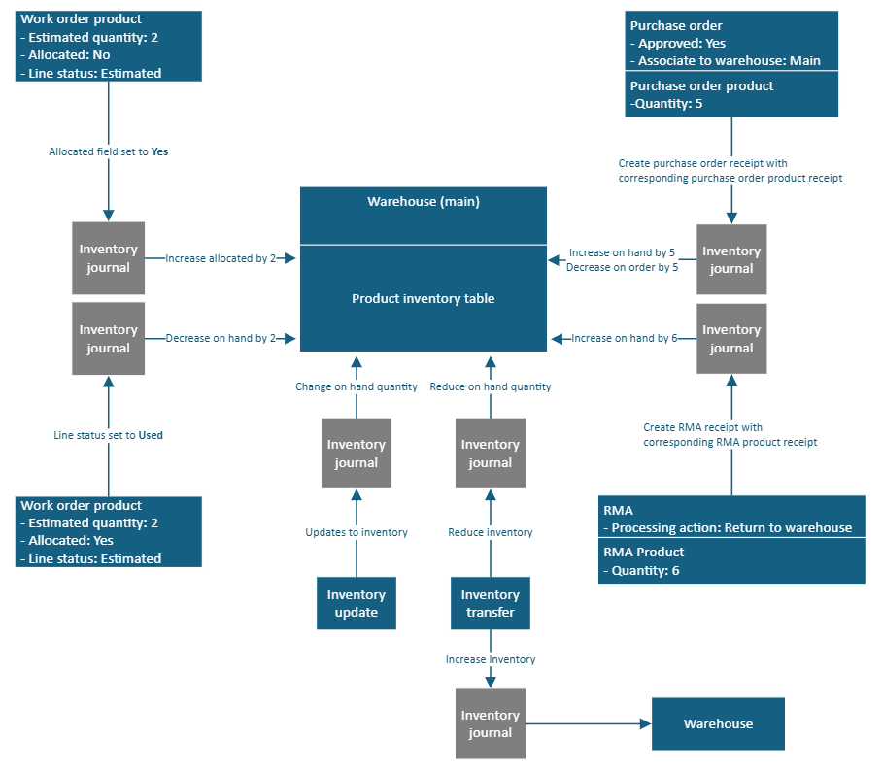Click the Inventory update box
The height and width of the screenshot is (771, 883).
pyautogui.click(x=356, y=603)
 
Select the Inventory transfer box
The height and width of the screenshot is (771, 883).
pyautogui.click(x=490, y=603)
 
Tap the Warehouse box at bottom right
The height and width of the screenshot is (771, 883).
pyautogui.click(x=718, y=723)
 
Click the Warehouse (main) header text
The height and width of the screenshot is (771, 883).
pyautogui.click(x=423, y=202)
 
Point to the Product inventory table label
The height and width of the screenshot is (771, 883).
pyautogui.click(x=423, y=299)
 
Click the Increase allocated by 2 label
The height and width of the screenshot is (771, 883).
pyautogui.click(x=221, y=258)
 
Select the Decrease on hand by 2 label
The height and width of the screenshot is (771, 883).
pyautogui.click(x=221, y=338)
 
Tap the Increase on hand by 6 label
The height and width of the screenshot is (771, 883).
pyautogui.click(x=623, y=338)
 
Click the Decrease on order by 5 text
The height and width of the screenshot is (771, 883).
pyautogui.click(x=622, y=267)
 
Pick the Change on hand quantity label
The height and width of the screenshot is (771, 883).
pyautogui.click(x=357, y=386)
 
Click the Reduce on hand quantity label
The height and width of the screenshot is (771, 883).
pyautogui.click(x=490, y=386)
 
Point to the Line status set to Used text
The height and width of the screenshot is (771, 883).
pyautogui.click(x=108, y=435)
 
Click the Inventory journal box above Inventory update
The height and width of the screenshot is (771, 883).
pyautogui.click(x=356, y=453)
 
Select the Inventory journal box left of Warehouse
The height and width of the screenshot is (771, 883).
pyautogui.click(x=490, y=723)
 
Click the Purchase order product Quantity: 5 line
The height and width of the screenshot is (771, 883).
pyautogui.click(x=666, y=103)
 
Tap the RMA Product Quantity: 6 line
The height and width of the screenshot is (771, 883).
pyautogui.click(x=641, y=570)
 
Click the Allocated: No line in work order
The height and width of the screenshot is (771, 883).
pyautogui.click(x=65, y=55)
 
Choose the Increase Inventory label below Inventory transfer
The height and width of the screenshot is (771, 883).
pyautogui.click(x=490, y=659)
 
